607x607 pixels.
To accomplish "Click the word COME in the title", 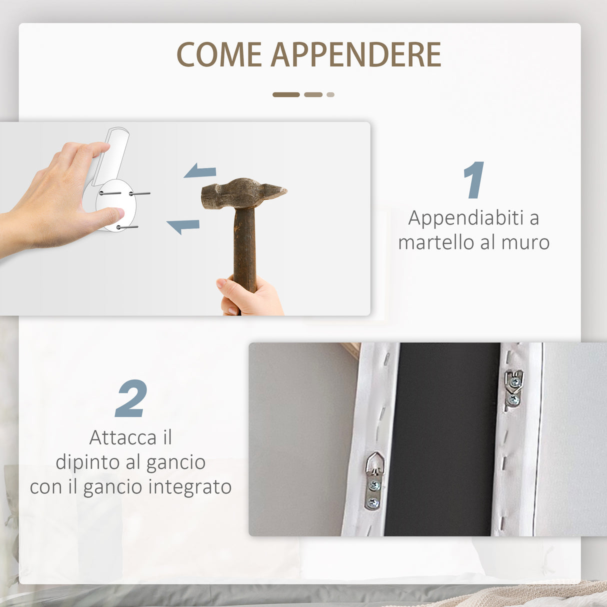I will pos(219,54).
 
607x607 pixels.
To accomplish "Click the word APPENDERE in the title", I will pos(355,54).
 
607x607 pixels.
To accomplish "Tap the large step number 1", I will pos(473,180).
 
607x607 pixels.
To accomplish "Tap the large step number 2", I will pos(131,398).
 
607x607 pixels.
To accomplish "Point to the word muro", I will pos(525,242).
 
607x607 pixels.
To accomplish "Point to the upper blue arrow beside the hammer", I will pos(200,171).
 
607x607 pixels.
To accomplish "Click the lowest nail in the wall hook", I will pos(127,227).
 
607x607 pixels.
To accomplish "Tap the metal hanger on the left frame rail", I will pos(374,480).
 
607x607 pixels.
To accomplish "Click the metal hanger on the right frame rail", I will pos(513,387).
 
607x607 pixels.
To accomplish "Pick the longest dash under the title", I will pos(286,94).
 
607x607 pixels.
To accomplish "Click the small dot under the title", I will pos(330,94).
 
